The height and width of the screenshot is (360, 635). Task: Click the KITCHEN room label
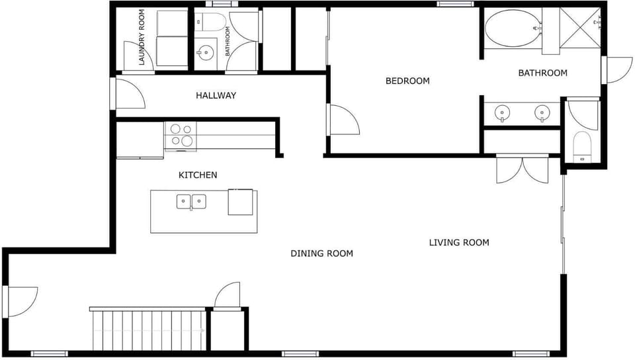198,175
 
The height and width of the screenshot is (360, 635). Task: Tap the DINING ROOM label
322,253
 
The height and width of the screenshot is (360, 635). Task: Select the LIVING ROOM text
459,243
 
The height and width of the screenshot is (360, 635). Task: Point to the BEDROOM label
407,81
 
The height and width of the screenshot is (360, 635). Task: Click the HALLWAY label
216,95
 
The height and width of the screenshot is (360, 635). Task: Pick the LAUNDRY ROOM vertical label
142,37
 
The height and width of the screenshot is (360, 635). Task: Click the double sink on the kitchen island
191,202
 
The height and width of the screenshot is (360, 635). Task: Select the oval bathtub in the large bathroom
513,28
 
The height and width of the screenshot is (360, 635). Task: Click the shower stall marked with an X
580,28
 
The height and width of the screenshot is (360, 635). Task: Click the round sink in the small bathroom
206,53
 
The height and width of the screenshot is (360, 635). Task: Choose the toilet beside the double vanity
582,146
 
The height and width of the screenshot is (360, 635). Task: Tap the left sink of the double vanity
502,112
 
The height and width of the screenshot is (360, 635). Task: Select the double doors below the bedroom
523,169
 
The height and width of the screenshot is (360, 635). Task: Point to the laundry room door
138,57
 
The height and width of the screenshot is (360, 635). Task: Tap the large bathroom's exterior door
617,70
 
